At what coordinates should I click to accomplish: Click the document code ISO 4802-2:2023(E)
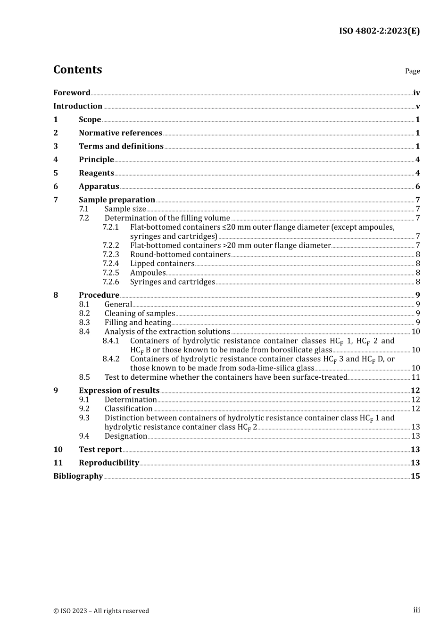[379, 31]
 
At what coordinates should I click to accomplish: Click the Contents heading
[77, 70]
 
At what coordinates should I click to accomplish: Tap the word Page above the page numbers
[412, 71]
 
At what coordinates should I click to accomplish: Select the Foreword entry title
[72, 93]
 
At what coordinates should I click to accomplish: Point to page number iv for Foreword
[416, 93]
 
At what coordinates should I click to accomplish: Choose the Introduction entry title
[78, 106]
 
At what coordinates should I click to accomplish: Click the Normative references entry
[120, 133]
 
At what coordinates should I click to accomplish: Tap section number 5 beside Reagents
[56, 173]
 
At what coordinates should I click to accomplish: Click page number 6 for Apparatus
[417, 186]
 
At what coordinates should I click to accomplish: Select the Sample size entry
[125, 209]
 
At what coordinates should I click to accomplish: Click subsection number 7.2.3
[111, 255]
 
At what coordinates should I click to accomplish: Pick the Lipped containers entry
[162, 264]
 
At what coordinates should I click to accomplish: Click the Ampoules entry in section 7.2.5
[148, 273]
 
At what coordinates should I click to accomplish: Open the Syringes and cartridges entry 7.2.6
[172, 282]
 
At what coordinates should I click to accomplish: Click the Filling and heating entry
[138, 323]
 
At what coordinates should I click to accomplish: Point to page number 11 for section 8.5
[415, 377]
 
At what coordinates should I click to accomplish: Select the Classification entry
[128, 409]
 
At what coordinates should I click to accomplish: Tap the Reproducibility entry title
[109, 463]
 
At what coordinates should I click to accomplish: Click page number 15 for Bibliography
[415, 476]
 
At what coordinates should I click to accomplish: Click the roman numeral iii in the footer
[416, 610]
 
